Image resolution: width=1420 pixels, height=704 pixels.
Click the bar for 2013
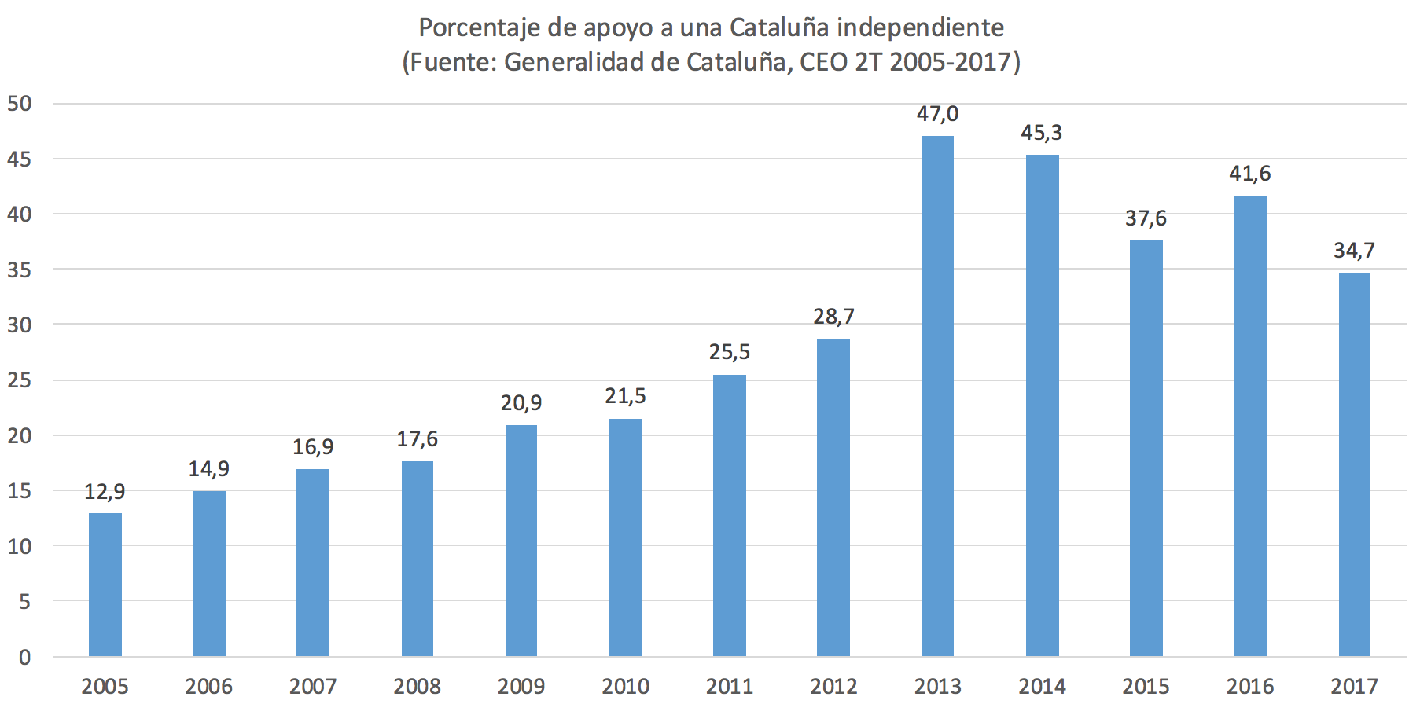tap(937, 396)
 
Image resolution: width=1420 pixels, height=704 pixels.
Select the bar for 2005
tap(105, 585)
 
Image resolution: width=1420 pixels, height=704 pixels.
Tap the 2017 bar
tap(1354, 464)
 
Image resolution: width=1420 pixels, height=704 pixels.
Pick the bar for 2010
tap(625, 537)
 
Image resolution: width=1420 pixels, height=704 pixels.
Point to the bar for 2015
tap(1146, 448)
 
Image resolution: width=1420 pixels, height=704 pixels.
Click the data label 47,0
tap(937, 114)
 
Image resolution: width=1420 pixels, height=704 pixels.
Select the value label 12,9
tap(105, 492)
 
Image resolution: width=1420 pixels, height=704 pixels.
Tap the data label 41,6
tap(1249, 174)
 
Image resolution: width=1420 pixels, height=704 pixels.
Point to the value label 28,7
tap(833, 317)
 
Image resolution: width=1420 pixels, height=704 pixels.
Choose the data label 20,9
tap(521, 403)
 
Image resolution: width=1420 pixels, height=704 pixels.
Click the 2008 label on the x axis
tap(417, 687)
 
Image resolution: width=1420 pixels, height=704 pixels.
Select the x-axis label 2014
tap(1042, 687)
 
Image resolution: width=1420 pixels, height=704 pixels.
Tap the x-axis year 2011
tap(730, 687)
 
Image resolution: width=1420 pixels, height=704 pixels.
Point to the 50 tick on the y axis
tap(20, 104)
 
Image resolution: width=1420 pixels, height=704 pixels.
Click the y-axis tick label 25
tap(20, 380)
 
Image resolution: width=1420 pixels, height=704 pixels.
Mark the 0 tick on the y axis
tap(24, 658)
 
